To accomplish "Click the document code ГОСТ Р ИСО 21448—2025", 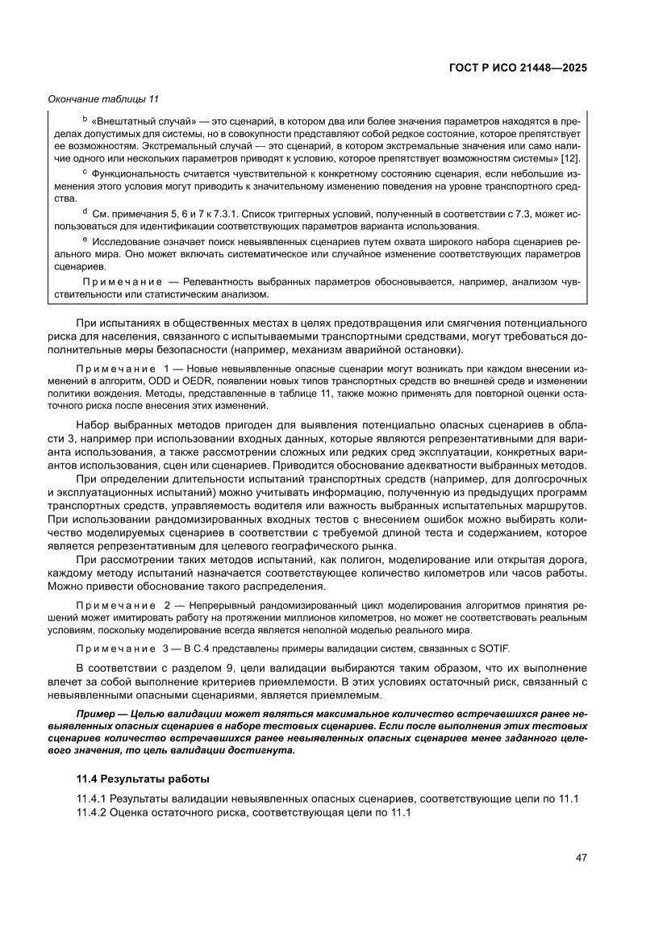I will (517, 68).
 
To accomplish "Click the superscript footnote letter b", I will (85, 118).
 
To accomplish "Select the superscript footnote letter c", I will (85, 171).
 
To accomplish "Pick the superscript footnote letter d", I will (85, 211).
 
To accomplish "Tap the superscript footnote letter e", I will (85, 239).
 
